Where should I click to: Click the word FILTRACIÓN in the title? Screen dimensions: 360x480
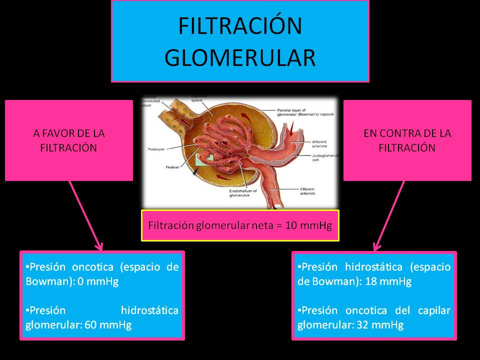[x=240, y=26]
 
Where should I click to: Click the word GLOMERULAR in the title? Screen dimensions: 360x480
[x=240, y=57]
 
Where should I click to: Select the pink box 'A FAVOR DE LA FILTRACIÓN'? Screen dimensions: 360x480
[x=69, y=140]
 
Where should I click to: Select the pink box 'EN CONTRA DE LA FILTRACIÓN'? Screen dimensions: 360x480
[x=407, y=140]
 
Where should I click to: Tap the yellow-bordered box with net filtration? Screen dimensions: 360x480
[x=240, y=225]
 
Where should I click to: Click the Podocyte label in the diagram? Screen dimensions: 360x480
[x=157, y=148]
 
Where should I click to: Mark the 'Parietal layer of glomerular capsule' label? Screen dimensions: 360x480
[x=307, y=112]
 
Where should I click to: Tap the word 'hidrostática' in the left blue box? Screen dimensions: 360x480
[x=149, y=310]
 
